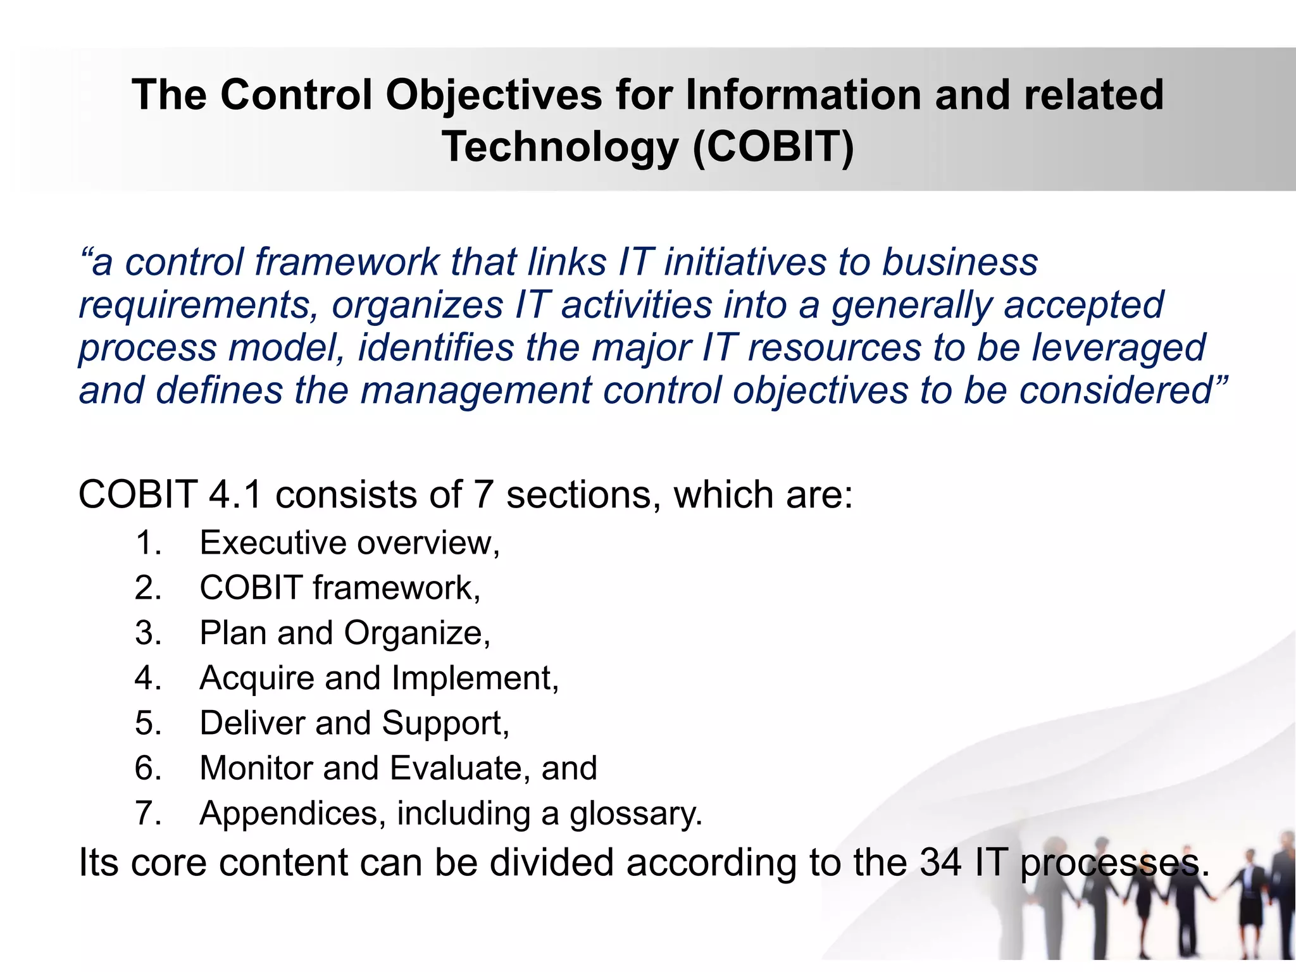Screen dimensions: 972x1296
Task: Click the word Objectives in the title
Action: tap(494, 95)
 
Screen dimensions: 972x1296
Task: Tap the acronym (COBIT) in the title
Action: tap(773, 147)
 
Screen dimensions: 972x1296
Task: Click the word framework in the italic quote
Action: tap(347, 262)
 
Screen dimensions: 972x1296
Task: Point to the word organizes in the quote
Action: tap(418, 305)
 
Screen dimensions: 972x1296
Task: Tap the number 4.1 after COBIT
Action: tap(235, 494)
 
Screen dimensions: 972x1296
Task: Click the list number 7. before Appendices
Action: tap(149, 813)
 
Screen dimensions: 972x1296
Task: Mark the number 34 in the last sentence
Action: tap(941, 862)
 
